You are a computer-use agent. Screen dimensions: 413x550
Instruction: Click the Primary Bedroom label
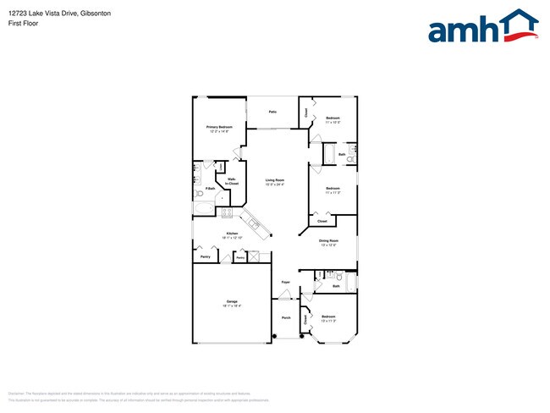[x=219, y=127]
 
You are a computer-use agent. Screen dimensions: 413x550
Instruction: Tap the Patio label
[x=272, y=112]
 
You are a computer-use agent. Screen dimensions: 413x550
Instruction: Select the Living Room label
[x=274, y=180]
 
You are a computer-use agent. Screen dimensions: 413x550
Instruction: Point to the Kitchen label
[x=231, y=234]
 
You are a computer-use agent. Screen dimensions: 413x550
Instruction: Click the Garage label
[x=231, y=301]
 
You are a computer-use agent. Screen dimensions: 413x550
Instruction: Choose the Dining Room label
[x=328, y=241]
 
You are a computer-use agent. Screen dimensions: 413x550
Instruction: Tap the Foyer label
[x=286, y=281]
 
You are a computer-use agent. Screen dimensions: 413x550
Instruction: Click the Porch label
[x=286, y=317]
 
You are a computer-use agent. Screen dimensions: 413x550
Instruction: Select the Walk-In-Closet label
[x=232, y=181]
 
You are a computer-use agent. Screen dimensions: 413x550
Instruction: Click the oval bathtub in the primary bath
[x=205, y=208]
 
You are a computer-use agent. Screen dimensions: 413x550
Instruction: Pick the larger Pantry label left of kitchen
[x=205, y=256]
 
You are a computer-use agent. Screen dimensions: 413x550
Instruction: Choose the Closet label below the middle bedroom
[x=322, y=222]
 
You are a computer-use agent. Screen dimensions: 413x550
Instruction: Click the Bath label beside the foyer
[x=336, y=287]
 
